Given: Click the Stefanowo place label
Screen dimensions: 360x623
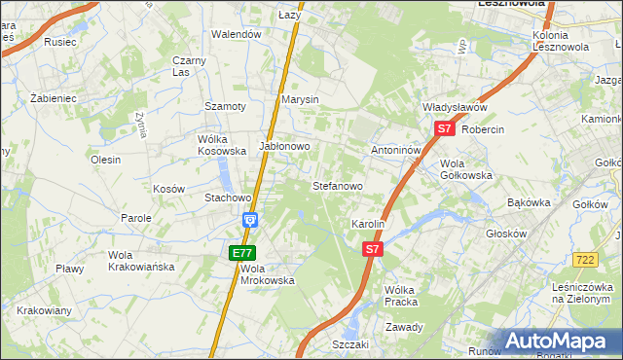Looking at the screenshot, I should pos(337,185).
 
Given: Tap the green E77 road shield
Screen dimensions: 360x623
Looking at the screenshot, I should pos(242,253).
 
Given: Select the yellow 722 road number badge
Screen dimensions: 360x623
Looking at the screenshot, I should pos(585,259).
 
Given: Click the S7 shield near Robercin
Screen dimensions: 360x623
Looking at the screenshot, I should pos(444,128).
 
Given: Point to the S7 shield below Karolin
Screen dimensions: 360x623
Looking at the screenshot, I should pos(371,250).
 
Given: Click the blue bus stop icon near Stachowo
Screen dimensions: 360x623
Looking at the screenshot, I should pos(250,220).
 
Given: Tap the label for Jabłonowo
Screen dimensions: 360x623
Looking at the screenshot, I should pos(284,147).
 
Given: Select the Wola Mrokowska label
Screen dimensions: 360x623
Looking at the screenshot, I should pos(267,274).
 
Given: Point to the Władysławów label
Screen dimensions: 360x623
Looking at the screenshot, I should pos(454,107).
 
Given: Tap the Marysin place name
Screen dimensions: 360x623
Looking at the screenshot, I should pos(300,99).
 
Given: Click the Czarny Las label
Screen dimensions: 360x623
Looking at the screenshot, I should pos(189,65).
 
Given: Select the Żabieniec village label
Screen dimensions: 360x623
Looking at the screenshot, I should pos(53,99).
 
